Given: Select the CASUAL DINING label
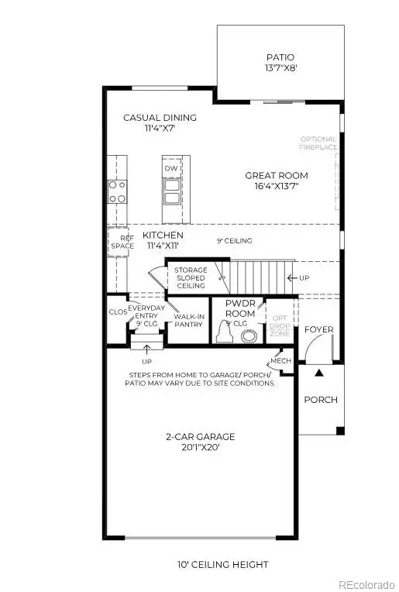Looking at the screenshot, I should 160,118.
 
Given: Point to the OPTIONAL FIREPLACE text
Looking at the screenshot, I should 318,144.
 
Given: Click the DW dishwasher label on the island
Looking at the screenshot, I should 172,168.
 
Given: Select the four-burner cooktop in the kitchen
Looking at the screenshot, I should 117,191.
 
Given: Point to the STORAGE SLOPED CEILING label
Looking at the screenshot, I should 190,277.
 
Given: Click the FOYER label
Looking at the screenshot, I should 318,329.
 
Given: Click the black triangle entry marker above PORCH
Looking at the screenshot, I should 318,373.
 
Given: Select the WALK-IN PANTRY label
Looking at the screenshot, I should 188,320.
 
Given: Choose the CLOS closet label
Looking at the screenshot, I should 117,311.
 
